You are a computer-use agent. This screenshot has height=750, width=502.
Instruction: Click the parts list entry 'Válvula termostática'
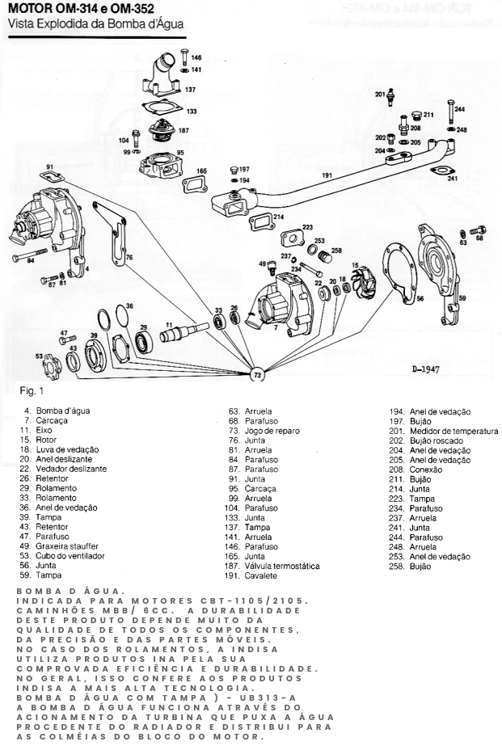pos(283,566)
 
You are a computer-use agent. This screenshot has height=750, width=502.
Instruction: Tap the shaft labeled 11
pos(186,332)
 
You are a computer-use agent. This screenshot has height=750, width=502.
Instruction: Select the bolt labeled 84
pos(27,259)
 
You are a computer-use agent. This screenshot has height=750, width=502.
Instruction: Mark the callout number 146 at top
pos(196,58)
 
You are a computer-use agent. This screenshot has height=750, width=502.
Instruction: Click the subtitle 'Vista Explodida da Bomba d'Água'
pos(95,24)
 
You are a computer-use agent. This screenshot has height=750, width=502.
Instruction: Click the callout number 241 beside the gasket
pos(453,179)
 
